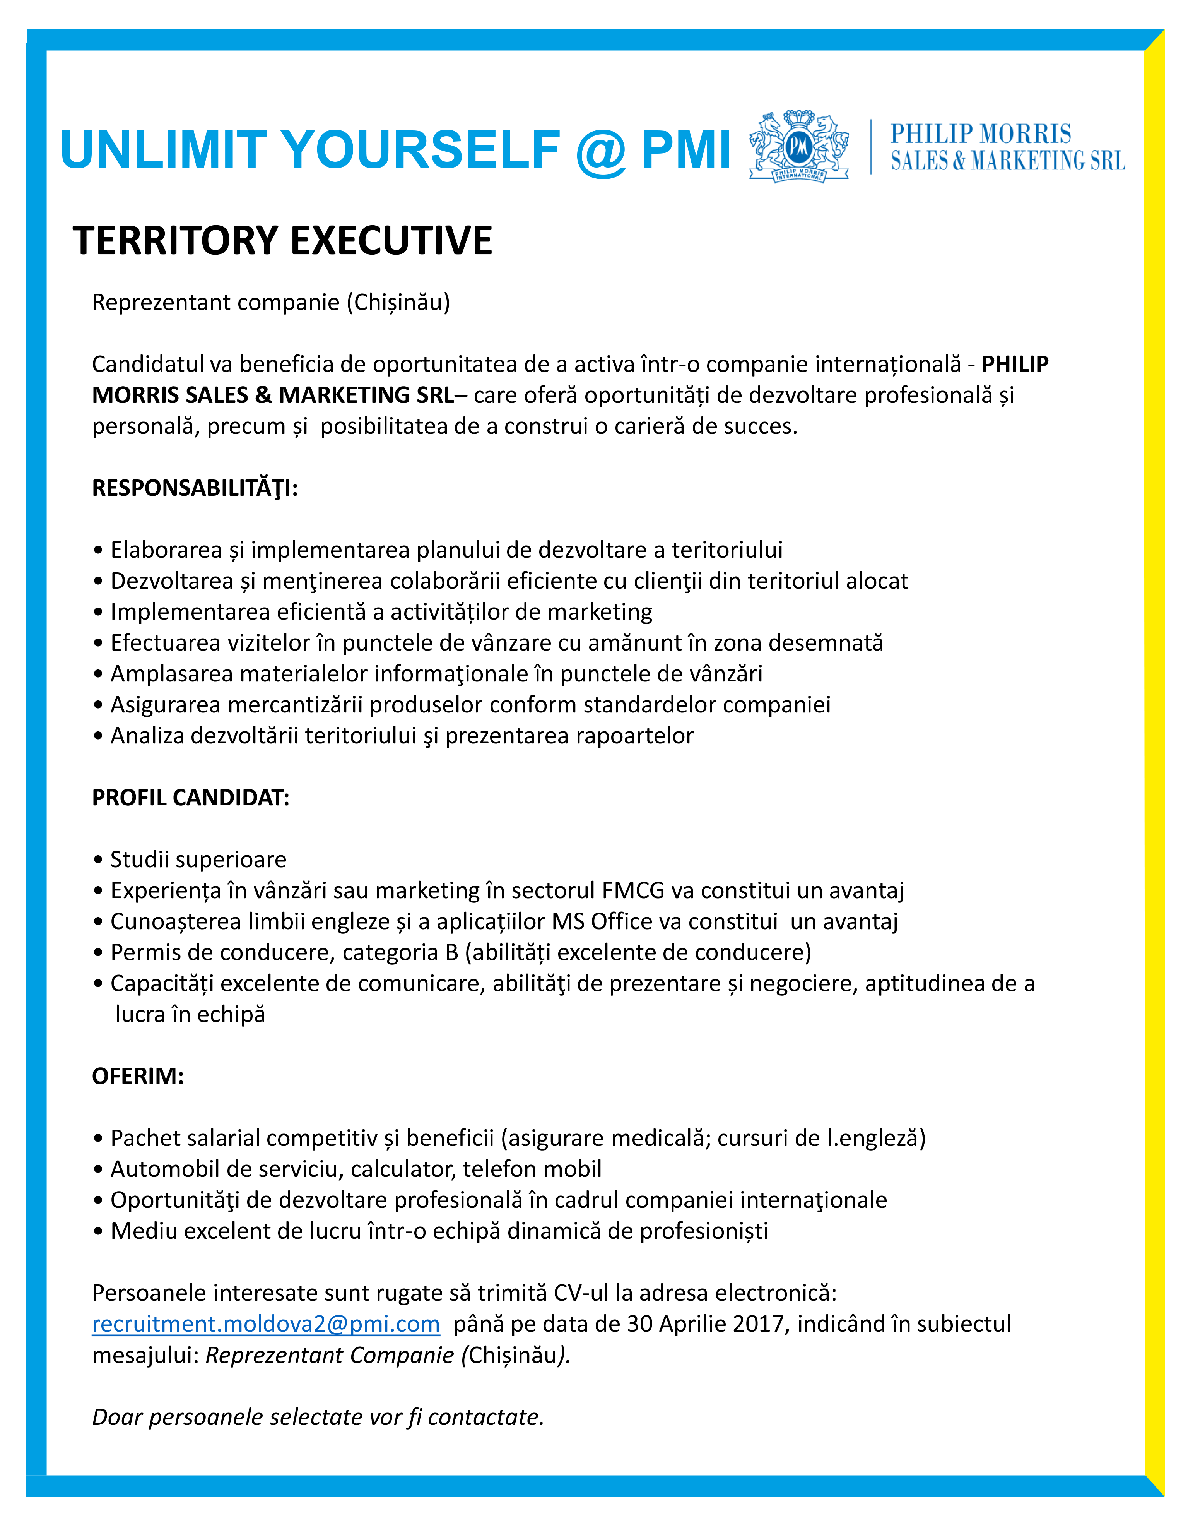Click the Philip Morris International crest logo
pyautogui.click(x=798, y=147)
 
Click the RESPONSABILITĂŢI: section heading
pyautogui.click(x=195, y=488)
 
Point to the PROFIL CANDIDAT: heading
pyautogui.click(x=190, y=798)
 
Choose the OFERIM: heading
pyautogui.click(x=138, y=1076)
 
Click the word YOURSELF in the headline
pyautogui.click(x=421, y=150)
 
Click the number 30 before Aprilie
pyautogui.click(x=639, y=1324)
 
